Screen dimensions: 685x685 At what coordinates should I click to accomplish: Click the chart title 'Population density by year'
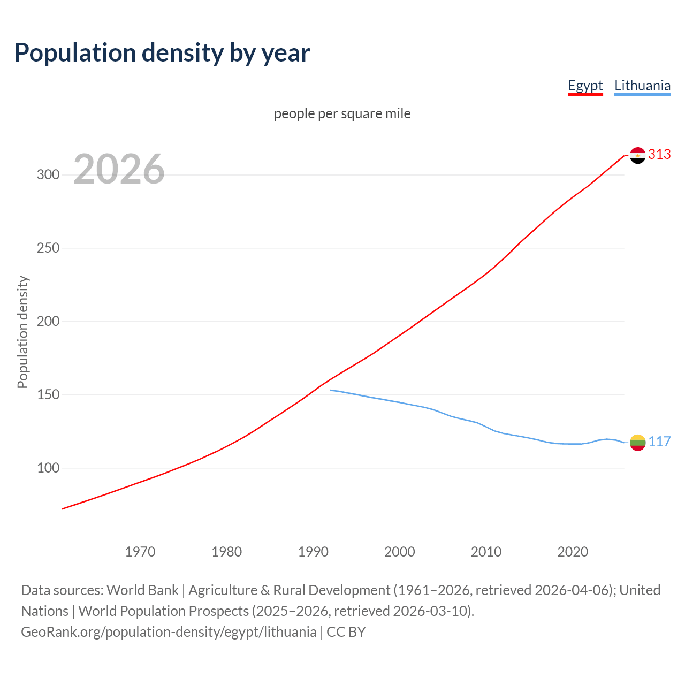162,53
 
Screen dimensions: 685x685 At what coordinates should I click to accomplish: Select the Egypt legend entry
585,86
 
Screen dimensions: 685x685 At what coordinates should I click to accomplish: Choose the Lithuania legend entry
642,86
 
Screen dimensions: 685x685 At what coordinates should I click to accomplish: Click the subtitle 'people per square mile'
342,114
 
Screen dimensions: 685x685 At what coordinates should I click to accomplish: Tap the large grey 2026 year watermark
119,169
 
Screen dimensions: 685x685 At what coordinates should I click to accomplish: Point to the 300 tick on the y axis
48,175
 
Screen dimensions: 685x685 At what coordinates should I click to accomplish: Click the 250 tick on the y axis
48,248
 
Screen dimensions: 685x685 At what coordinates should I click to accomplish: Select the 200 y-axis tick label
48,322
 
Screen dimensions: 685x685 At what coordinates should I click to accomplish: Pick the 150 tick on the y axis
48,395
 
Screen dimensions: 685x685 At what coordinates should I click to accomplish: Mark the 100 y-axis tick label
48,468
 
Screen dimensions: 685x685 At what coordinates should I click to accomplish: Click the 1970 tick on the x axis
140,552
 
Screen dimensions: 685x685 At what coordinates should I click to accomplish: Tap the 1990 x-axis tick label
313,552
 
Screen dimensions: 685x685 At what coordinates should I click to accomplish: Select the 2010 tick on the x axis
486,552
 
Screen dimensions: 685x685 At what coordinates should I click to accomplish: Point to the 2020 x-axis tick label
573,552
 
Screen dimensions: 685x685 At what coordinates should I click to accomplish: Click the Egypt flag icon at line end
637,155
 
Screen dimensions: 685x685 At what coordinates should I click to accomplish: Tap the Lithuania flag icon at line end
637,443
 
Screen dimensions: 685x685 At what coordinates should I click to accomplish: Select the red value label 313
659,155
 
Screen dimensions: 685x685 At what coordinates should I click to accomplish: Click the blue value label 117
659,442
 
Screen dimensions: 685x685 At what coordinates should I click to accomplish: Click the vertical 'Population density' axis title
22,332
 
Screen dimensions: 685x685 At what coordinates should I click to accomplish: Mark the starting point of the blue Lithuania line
331,390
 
